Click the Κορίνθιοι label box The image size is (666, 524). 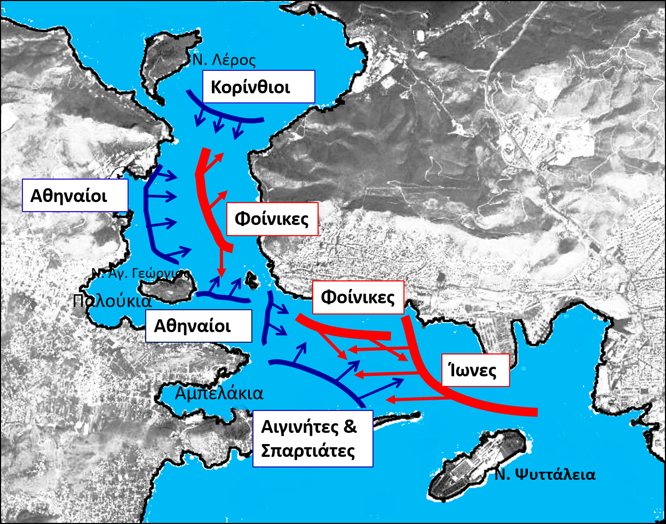tap(259, 86)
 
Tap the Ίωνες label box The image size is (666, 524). tap(475, 370)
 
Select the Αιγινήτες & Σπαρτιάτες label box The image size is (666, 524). tap(312, 439)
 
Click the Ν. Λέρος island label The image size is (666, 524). tap(224, 60)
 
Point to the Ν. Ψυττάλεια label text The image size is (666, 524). tap(544, 474)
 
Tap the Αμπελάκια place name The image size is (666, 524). tap(219, 393)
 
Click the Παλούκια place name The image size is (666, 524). tap(112, 301)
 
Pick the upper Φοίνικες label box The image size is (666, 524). tap(272, 219)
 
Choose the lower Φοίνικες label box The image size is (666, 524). tap(358, 297)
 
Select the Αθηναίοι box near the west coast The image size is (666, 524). tap(75, 196)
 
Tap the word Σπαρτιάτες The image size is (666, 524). tap(308, 451)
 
